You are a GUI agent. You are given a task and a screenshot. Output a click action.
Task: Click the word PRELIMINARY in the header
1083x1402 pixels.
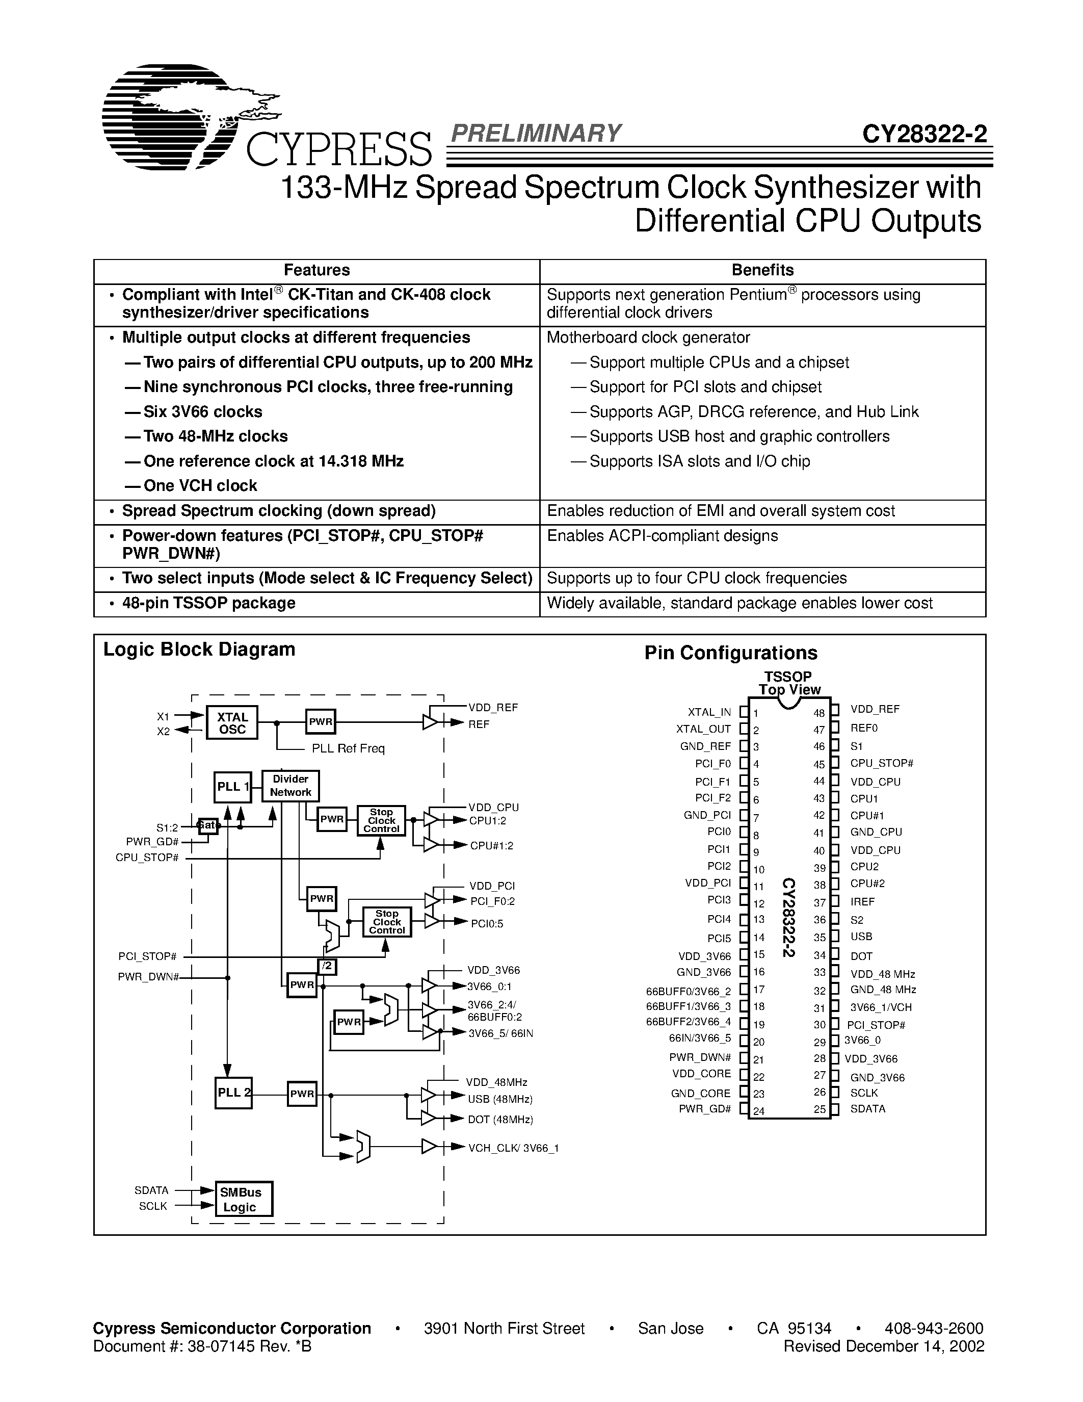pyautogui.click(x=536, y=133)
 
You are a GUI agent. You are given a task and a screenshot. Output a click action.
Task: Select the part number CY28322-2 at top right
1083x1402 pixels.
pyautogui.click(x=924, y=134)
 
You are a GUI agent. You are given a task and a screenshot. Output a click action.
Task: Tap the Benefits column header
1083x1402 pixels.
pyautogui.click(x=762, y=270)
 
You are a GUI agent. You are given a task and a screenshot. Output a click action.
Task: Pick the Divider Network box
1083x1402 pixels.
pyautogui.click(x=290, y=786)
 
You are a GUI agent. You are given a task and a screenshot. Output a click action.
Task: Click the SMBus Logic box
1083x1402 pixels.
pyautogui.click(x=243, y=1199)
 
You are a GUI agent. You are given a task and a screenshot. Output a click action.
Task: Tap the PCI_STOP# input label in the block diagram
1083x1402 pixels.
pyautogui.click(x=147, y=956)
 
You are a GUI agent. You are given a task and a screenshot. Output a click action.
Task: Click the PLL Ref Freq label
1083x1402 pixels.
pyautogui.click(x=348, y=748)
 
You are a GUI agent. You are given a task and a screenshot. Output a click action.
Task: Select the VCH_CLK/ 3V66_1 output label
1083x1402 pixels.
pyautogui.click(x=513, y=1148)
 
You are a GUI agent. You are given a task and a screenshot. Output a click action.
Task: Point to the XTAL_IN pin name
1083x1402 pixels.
pyautogui.click(x=709, y=712)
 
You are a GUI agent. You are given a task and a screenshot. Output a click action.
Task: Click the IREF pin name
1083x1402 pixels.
pyautogui.click(x=862, y=902)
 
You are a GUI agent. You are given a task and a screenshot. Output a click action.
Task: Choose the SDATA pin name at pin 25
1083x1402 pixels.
pyautogui.click(x=867, y=1109)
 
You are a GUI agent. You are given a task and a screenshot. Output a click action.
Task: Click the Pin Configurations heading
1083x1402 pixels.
pyautogui.click(x=731, y=653)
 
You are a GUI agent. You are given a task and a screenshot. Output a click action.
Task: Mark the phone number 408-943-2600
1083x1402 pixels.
pyautogui.click(x=934, y=1328)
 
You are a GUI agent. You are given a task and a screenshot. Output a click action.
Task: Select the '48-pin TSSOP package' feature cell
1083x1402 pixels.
pyautogui.click(x=208, y=604)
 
